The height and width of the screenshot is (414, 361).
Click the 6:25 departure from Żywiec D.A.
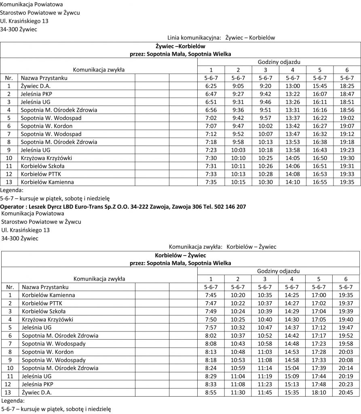click(x=211, y=86)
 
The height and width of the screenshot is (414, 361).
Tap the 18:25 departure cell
click(x=347, y=86)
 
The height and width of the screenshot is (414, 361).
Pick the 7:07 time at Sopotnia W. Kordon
click(x=211, y=126)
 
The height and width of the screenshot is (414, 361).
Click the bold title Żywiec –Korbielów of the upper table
click(x=180, y=46)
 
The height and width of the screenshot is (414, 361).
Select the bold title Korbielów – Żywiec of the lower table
click(x=180, y=256)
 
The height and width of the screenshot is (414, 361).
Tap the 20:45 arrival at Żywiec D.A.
click(x=346, y=392)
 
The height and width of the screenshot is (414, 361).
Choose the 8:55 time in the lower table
click(x=211, y=392)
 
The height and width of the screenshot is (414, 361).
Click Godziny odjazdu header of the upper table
click(x=279, y=62)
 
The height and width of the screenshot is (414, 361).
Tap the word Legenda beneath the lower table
click(x=13, y=400)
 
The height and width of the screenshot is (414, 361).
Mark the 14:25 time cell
click(x=292, y=295)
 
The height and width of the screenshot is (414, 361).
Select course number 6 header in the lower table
click(x=346, y=279)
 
